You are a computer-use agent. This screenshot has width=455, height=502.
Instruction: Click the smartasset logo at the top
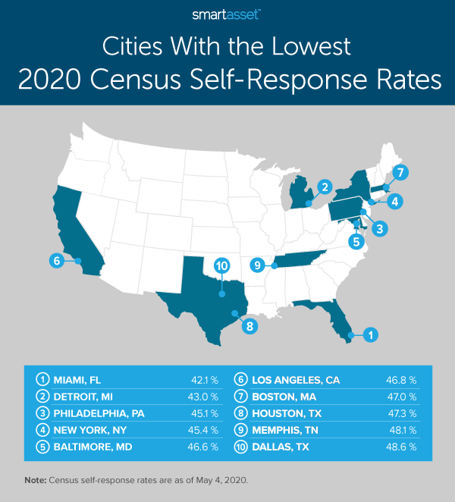(227, 14)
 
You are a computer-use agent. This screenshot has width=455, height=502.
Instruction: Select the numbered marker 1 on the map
(369, 334)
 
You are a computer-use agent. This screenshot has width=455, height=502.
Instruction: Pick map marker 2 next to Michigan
(324, 187)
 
